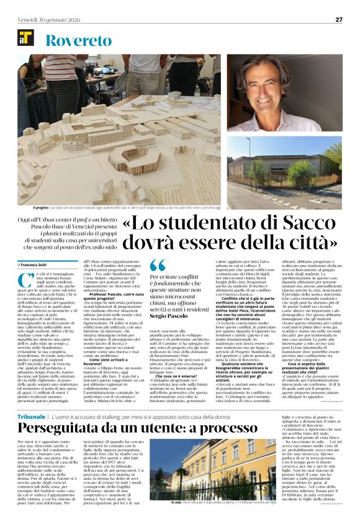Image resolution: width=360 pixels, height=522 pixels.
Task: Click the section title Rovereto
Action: click(75, 41)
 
